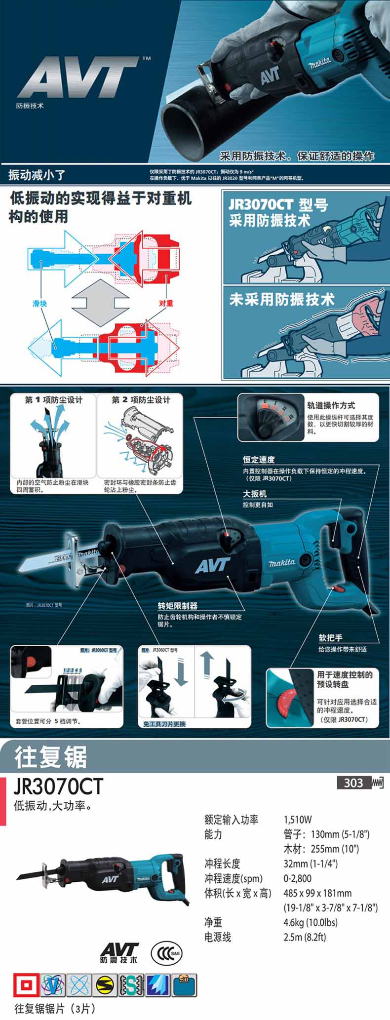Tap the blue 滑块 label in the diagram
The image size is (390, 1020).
point(39,304)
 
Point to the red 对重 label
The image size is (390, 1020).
point(166,303)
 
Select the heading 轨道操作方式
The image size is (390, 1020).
point(331,405)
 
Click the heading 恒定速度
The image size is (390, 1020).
point(259,460)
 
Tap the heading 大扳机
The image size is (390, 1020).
point(255,493)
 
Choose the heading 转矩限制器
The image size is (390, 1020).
point(178,606)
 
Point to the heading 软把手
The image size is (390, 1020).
point(330,638)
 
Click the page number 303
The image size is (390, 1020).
point(353,783)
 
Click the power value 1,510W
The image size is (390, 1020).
point(298,820)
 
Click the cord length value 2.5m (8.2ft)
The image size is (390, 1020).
point(305,937)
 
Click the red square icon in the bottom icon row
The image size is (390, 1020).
point(25,985)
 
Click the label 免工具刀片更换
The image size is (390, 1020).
point(164,724)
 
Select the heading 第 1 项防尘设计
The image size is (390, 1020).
point(54,400)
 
